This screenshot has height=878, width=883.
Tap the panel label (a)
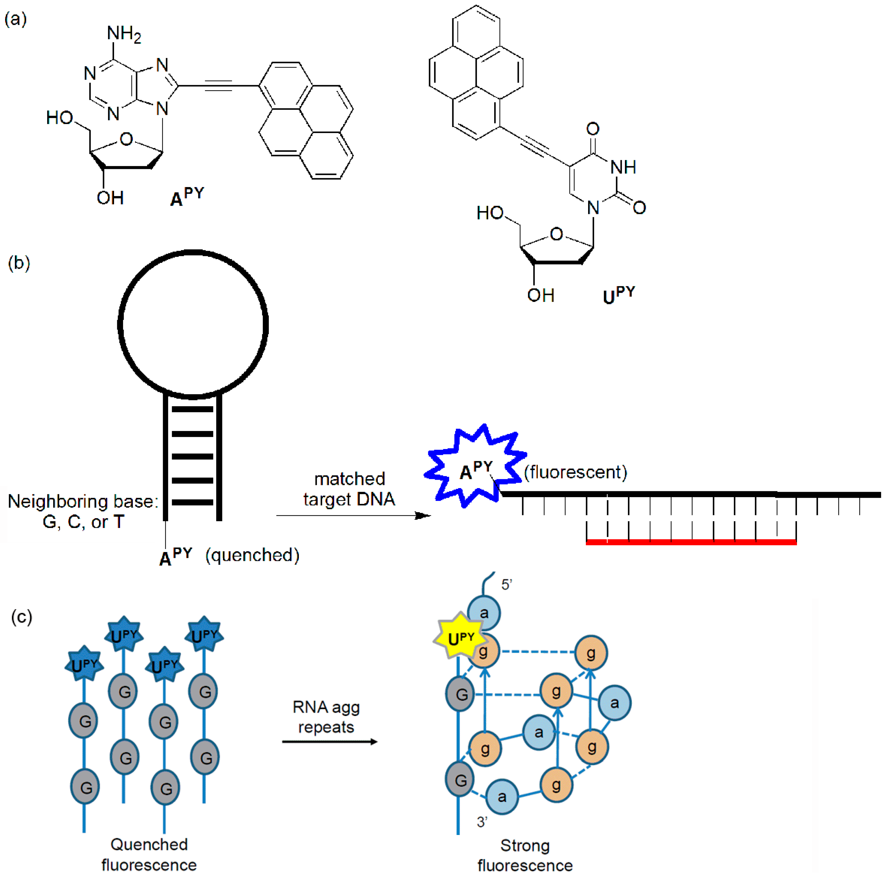click(x=16, y=19)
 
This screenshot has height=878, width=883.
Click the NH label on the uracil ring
click(x=623, y=167)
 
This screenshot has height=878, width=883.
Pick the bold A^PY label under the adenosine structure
click(x=187, y=197)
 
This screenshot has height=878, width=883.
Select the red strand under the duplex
click(x=691, y=542)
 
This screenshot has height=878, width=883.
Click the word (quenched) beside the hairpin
click(x=252, y=555)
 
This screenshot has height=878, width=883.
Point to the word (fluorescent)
click(x=575, y=472)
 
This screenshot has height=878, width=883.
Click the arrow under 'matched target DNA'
click(x=353, y=516)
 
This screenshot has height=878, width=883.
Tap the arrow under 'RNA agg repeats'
click(x=329, y=741)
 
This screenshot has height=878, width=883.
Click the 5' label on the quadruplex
click(x=506, y=585)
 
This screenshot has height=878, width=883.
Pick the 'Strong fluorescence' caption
click(x=525, y=855)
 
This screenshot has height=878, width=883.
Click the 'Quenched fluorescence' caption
click(x=149, y=854)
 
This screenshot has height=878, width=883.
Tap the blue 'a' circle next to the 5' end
click(x=484, y=613)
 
